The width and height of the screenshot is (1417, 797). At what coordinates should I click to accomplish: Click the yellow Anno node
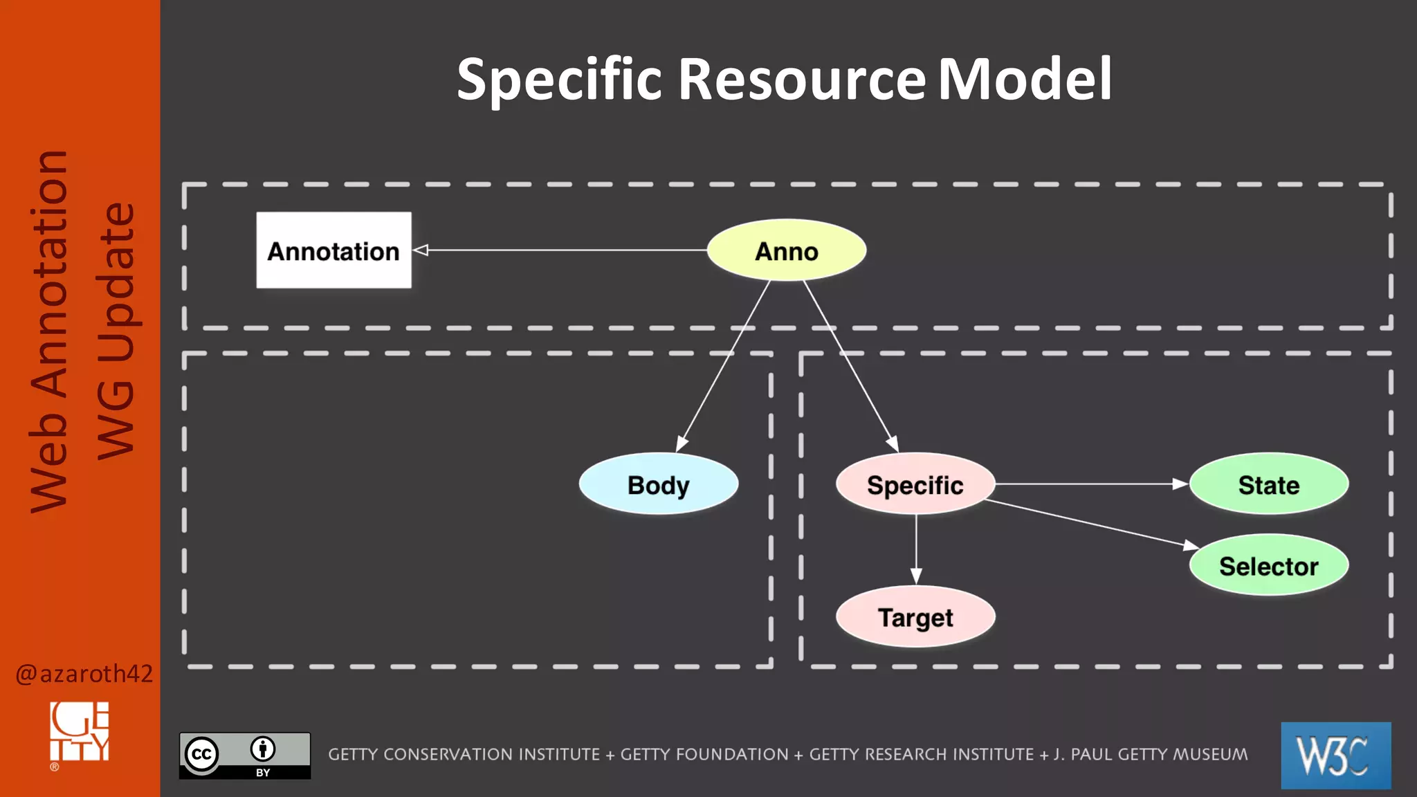pyautogui.click(x=786, y=250)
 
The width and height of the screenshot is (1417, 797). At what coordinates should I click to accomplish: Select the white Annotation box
pyautogui.click(x=333, y=250)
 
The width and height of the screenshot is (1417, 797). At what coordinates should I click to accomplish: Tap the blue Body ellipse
pyautogui.click(x=658, y=484)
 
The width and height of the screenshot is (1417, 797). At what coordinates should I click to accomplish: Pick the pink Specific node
pyautogui.click(x=915, y=484)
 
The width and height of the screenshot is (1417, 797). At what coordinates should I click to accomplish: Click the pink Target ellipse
pyautogui.click(x=915, y=617)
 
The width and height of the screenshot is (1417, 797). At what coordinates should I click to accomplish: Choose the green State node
pyautogui.click(x=1268, y=484)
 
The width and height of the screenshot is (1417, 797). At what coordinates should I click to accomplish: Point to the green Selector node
pyautogui.click(x=1268, y=566)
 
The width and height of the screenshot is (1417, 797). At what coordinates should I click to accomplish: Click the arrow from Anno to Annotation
pyautogui.click(x=560, y=250)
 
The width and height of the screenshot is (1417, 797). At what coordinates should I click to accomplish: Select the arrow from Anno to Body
pyautogui.click(x=723, y=367)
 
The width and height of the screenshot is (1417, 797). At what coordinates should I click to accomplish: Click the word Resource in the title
pyautogui.click(x=801, y=79)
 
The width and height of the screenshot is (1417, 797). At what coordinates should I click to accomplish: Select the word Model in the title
pyautogui.click(x=1024, y=79)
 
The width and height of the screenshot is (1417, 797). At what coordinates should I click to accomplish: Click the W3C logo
pyautogui.click(x=1335, y=755)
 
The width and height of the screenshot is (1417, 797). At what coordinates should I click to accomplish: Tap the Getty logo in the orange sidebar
pyautogui.click(x=80, y=732)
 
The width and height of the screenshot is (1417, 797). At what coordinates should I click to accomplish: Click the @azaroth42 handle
pyautogui.click(x=84, y=673)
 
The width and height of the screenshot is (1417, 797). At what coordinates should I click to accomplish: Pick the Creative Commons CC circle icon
pyautogui.click(x=201, y=754)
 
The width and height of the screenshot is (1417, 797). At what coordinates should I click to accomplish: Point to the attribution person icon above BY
pyautogui.click(x=263, y=749)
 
